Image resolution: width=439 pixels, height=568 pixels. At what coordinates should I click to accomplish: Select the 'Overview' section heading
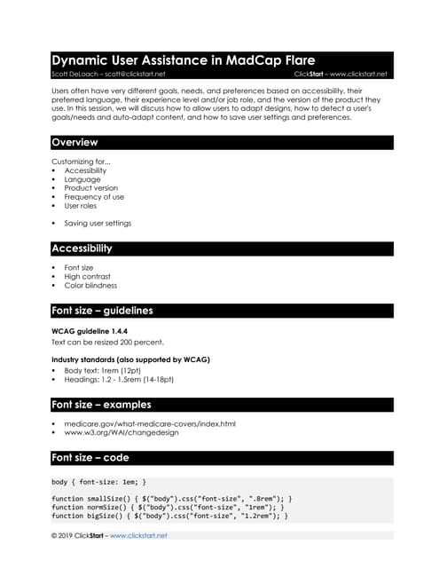coord(74,142)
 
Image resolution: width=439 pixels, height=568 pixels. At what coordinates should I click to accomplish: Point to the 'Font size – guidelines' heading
coord(102,311)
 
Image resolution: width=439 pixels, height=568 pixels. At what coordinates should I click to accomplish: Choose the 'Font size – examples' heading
coord(101,405)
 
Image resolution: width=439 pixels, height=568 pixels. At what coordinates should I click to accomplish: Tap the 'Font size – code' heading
coord(90,457)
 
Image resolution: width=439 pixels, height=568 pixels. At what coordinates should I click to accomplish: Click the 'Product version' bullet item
coord(90,188)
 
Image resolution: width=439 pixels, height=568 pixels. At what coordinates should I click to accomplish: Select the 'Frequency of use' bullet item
coord(94,197)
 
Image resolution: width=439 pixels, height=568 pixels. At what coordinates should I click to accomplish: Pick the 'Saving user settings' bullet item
coord(97,223)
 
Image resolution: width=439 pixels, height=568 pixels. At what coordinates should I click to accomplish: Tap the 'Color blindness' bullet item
coord(90,286)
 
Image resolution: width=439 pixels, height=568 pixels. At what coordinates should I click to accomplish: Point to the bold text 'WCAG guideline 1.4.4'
coord(90,331)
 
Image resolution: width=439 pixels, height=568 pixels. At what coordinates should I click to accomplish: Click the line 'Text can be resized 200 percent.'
coord(107,342)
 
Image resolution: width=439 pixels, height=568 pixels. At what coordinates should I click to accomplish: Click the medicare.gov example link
coord(149,423)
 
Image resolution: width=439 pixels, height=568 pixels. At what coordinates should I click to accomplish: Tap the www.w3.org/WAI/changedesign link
coord(121,433)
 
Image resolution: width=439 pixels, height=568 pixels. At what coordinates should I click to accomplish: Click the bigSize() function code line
coord(169,515)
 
